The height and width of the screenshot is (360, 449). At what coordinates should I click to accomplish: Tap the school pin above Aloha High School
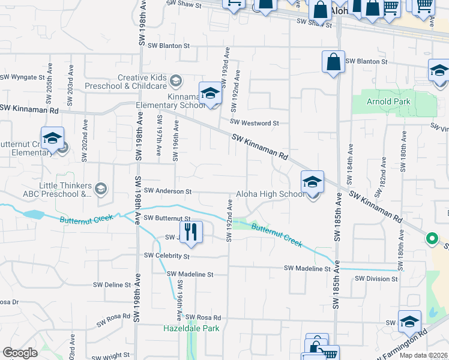[312, 181]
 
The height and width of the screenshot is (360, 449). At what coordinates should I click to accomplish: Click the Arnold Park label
[389, 101]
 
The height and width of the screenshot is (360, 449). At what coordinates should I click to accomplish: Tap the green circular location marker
[431, 239]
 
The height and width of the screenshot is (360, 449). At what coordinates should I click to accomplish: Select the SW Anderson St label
[167, 192]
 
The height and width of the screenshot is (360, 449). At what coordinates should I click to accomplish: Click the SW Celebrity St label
[166, 256]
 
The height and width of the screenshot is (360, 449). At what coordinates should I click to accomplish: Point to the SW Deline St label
[112, 285]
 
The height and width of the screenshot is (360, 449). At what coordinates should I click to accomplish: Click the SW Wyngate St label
[23, 77]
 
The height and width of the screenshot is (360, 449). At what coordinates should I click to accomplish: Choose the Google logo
[20, 352]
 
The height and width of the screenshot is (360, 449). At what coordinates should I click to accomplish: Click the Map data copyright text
[424, 355]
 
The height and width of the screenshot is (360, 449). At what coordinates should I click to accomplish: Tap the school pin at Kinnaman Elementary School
[210, 92]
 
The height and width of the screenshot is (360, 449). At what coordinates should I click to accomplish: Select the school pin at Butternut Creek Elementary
[52, 138]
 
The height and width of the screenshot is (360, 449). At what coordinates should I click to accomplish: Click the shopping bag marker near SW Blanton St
[333, 61]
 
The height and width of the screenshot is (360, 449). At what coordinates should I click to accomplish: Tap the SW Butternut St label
[167, 218]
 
